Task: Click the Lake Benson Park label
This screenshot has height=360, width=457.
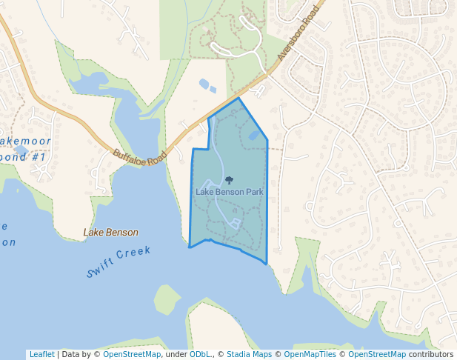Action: (229, 192)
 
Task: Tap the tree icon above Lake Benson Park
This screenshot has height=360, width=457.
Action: (229, 180)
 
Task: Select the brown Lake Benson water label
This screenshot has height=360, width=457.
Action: (111, 233)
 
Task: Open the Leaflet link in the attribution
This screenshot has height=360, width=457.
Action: (41, 354)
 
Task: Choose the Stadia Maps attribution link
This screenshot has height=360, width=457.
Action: (247, 354)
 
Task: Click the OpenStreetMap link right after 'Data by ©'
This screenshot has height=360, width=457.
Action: (132, 354)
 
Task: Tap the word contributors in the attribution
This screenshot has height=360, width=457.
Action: (431, 354)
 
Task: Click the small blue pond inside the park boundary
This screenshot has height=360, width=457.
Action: (254, 136)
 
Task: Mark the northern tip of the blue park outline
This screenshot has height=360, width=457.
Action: (238, 98)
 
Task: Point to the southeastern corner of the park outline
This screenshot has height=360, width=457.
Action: (267, 263)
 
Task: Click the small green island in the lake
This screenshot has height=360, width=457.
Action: (167, 299)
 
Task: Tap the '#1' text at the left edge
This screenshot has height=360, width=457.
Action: (39, 158)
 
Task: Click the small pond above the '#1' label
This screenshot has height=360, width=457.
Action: (21, 150)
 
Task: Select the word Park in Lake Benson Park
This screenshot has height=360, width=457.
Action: (253, 192)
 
